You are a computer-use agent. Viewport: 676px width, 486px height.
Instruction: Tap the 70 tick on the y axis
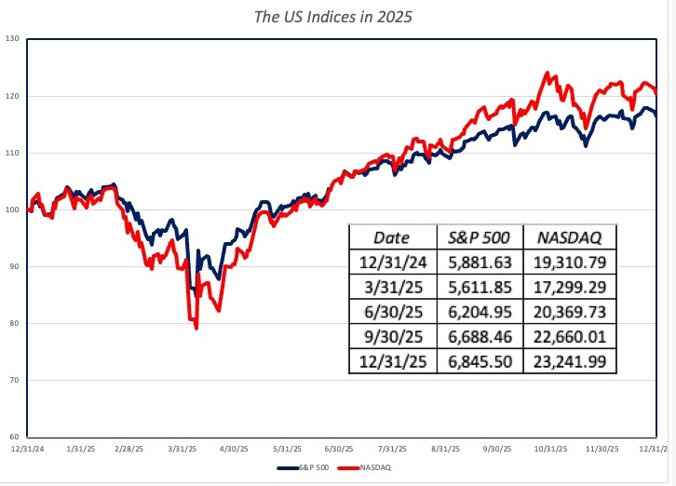13,380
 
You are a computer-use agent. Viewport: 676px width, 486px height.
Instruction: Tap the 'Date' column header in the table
391,236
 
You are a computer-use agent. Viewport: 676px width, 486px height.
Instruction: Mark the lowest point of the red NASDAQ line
196,328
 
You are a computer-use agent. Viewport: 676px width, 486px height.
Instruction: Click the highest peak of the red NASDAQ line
548,73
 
